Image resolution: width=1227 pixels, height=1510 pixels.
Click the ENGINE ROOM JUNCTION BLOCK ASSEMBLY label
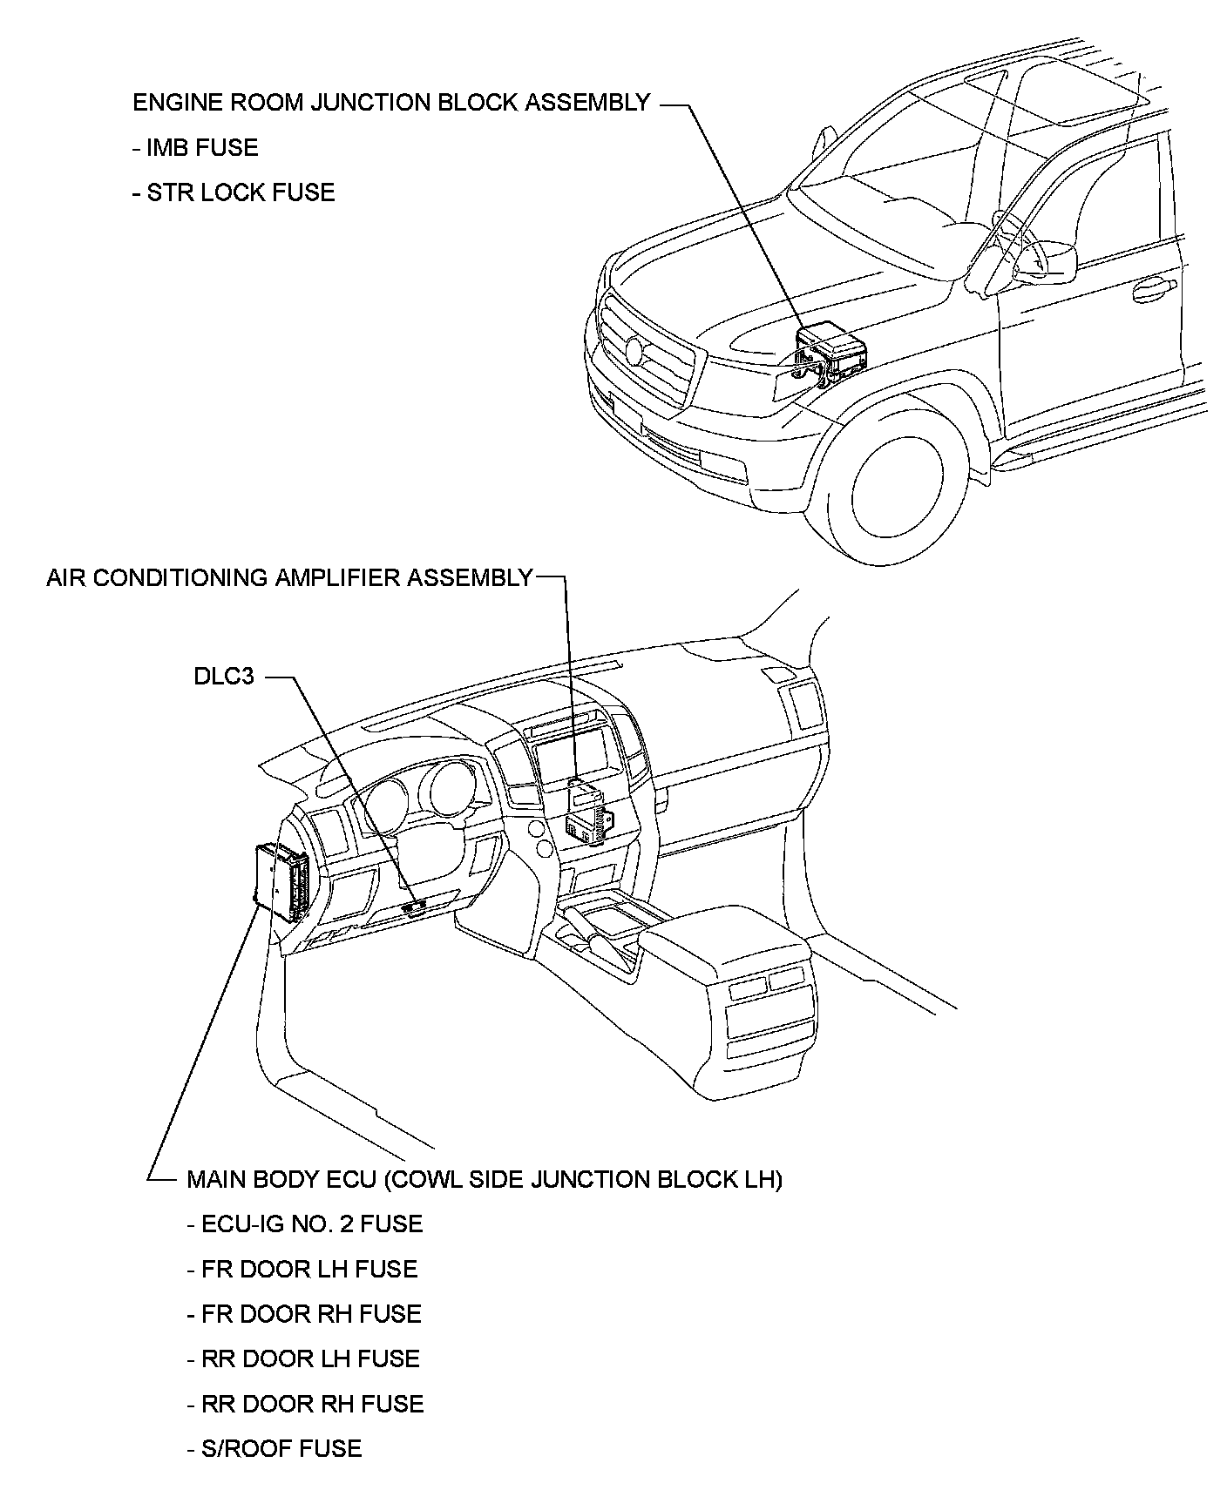point(390,103)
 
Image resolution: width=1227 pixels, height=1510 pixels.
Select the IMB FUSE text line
point(195,147)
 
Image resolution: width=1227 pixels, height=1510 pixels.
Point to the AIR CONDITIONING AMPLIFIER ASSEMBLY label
point(289,578)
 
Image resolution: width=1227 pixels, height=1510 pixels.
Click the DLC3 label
point(224,676)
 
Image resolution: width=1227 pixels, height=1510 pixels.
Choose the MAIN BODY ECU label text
point(485,1179)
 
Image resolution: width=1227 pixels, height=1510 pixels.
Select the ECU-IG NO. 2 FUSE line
point(305,1224)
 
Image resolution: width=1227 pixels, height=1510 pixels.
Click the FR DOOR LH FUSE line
point(302,1269)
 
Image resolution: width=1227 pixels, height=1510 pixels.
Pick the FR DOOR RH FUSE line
point(304,1314)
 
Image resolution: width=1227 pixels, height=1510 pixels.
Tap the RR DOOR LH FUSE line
point(303,1358)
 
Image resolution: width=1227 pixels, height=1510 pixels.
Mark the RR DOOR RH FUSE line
point(305,1404)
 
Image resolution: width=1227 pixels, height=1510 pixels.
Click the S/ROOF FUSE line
point(275,1448)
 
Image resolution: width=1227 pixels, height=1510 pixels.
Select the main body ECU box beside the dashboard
point(281,882)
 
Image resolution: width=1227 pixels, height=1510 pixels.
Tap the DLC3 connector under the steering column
point(414,907)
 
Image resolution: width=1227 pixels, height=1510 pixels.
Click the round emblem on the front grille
point(634,350)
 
